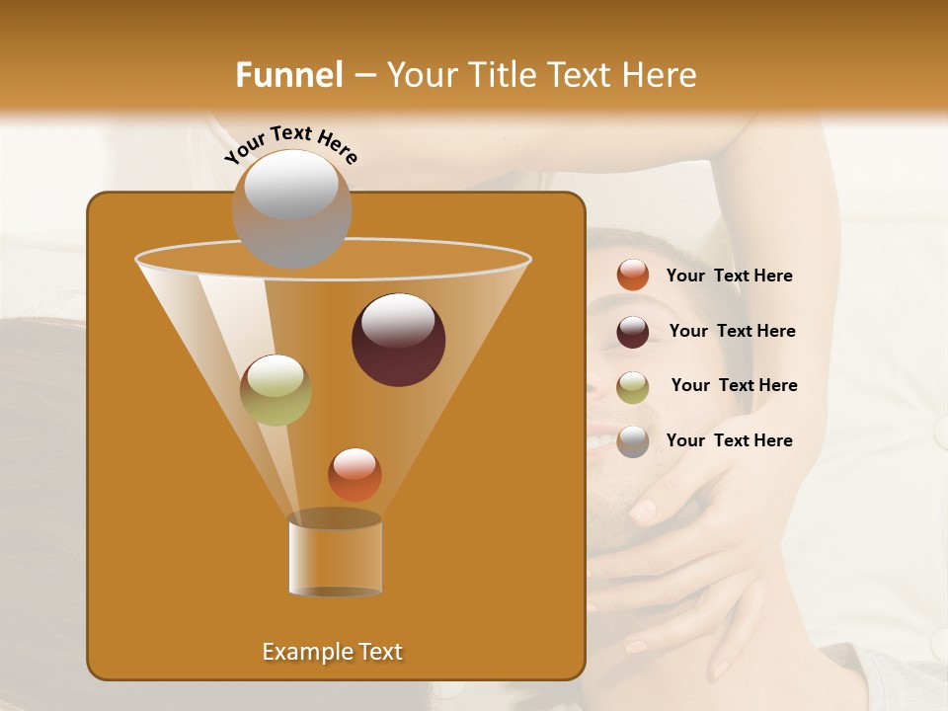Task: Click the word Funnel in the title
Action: pyautogui.click(x=289, y=75)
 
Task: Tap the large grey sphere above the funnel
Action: pyautogui.click(x=291, y=208)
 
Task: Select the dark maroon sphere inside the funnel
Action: pyautogui.click(x=399, y=340)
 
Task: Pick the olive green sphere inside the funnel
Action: pyautogui.click(x=276, y=390)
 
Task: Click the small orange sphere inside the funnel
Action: pyautogui.click(x=355, y=474)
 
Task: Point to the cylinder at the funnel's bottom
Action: pyautogui.click(x=335, y=555)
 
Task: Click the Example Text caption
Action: pyautogui.click(x=332, y=652)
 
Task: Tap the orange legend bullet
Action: pyautogui.click(x=633, y=276)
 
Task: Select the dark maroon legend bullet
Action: pyautogui.click(x=633, y=332)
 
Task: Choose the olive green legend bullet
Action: pyautogui.click(x=633, y=387)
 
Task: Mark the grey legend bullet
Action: pyautogui.click(x=633, y=441)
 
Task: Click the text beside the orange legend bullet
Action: pyautogui.click(x=729, y=276)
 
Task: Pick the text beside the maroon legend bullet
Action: pyautogui.click(x=732, y=332)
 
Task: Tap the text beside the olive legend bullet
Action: pyautogui.click(x=734, y=386)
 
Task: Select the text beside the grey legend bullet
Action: pyautogui.click(x=729, y=441)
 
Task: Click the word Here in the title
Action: pyautogui.click(x=661, y=75)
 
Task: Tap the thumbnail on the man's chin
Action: pyautogui.click(x=643, y=510)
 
